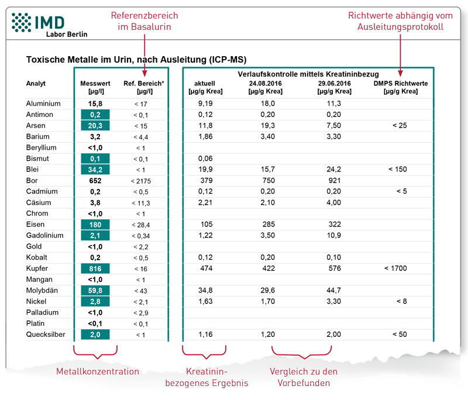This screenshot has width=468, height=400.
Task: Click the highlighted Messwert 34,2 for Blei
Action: [x=95, y=170]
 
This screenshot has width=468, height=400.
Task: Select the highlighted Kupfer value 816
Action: [x=95, y=268]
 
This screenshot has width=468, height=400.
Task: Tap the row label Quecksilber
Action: [x=46, y=335]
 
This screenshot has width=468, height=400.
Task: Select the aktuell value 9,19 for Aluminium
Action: [x=204, y=104]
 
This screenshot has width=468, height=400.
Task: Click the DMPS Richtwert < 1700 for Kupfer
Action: [x=401, y=268]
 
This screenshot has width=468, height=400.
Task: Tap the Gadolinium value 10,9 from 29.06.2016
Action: [x=334, y=235]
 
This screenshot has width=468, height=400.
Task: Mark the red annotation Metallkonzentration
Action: [x=98, y=371]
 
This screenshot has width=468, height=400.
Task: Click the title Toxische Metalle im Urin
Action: [x=136, y=60]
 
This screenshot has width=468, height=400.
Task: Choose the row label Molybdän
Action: [x=44, y=291]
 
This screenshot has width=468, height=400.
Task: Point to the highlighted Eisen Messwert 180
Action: [x=95, y=225]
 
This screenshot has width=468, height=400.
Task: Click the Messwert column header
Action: [x=95, y=84]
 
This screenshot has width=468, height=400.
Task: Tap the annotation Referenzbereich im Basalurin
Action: [x=144, y=22]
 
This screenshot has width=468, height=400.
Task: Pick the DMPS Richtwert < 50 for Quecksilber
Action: [x=401, y=335]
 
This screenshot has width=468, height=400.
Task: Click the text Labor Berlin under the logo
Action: [x=67, y=35]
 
